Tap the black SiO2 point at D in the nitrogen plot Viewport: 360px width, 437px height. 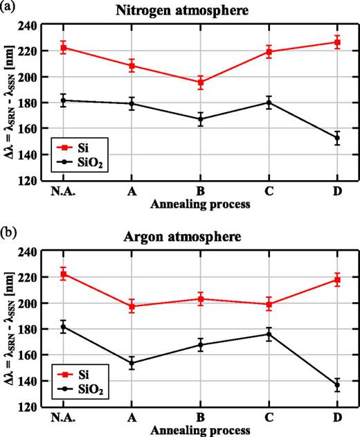point(337,138)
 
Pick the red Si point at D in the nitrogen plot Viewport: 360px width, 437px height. point(337,42)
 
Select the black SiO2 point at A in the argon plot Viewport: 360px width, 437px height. point(132,363)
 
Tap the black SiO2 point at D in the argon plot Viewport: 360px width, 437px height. point(337,385)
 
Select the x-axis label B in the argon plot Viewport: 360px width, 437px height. point(200,418)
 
